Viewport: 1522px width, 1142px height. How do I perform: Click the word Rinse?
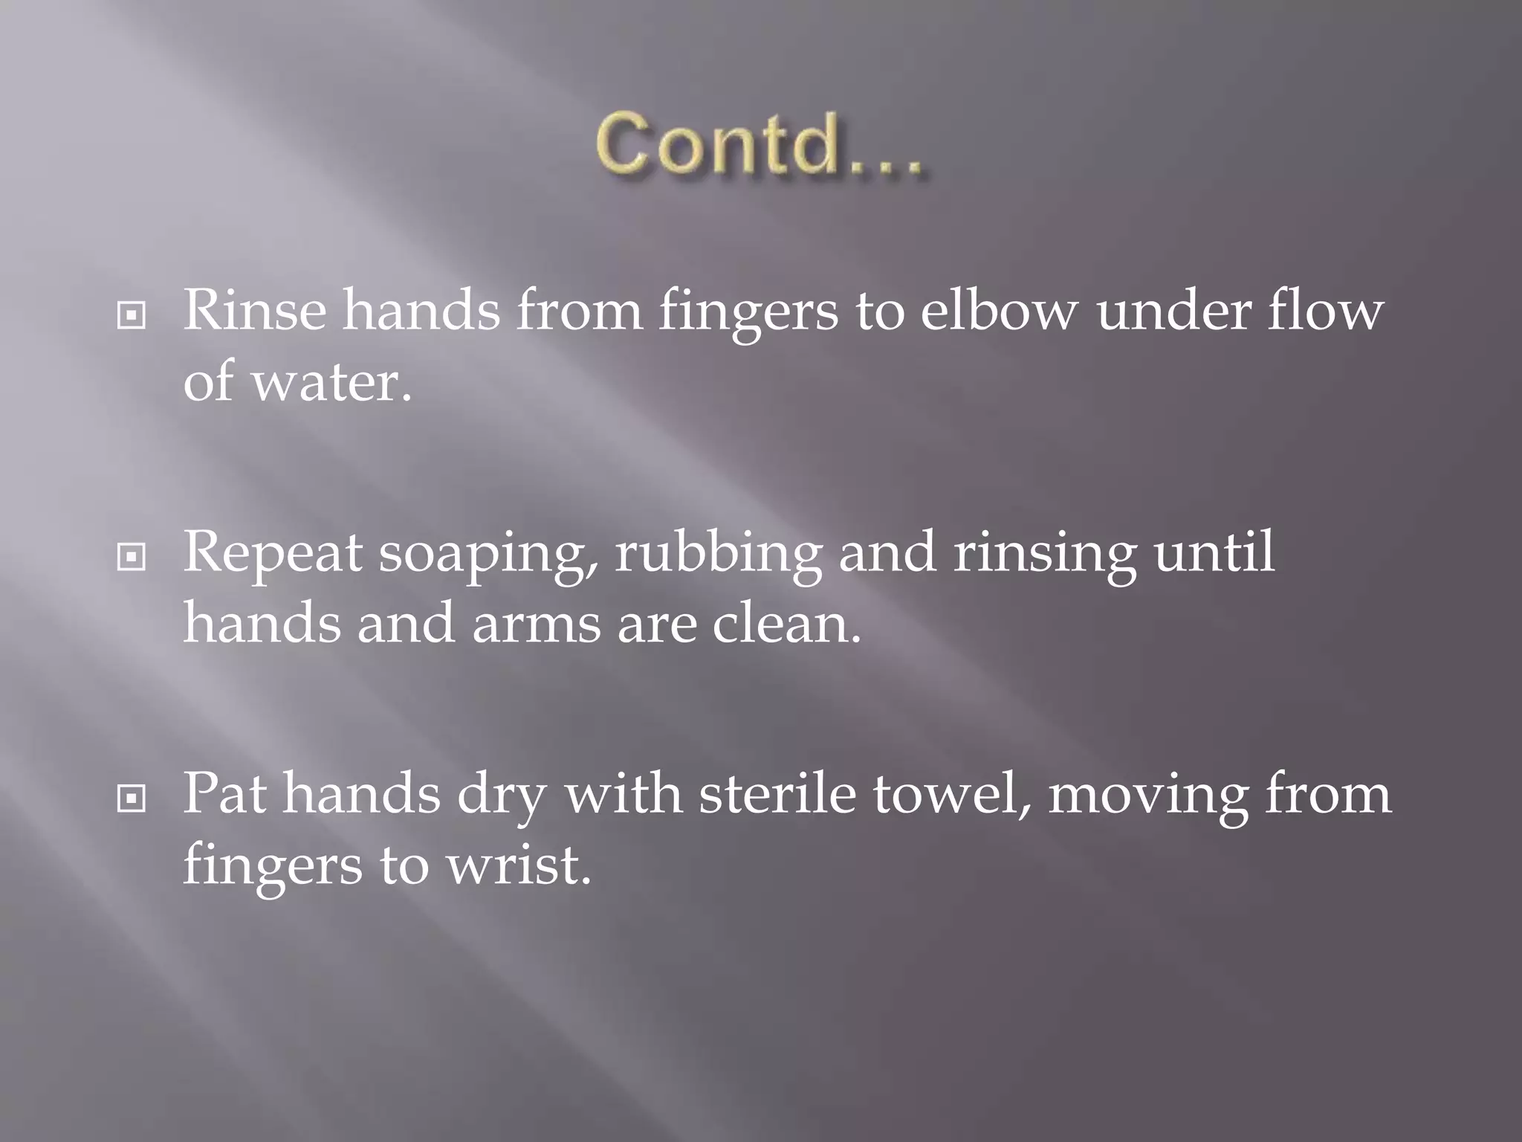click(x=254, y=310)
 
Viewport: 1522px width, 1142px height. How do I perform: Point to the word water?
click(x=331, y=382)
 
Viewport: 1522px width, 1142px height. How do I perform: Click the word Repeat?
click(x=273, y=554)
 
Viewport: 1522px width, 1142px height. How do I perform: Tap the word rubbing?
click(x=718, y=554)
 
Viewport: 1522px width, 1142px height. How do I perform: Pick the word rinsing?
click(x=1044, y=554)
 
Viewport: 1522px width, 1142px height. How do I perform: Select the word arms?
click(x=536, y=624)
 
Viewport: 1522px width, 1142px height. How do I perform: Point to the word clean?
click(x=786, y=624)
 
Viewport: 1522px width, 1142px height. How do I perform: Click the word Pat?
click(x=224, y=795)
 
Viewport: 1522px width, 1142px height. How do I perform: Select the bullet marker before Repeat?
click(x=132, y=558)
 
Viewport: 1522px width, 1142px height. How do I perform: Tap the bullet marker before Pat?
click(x=132, y=800)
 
